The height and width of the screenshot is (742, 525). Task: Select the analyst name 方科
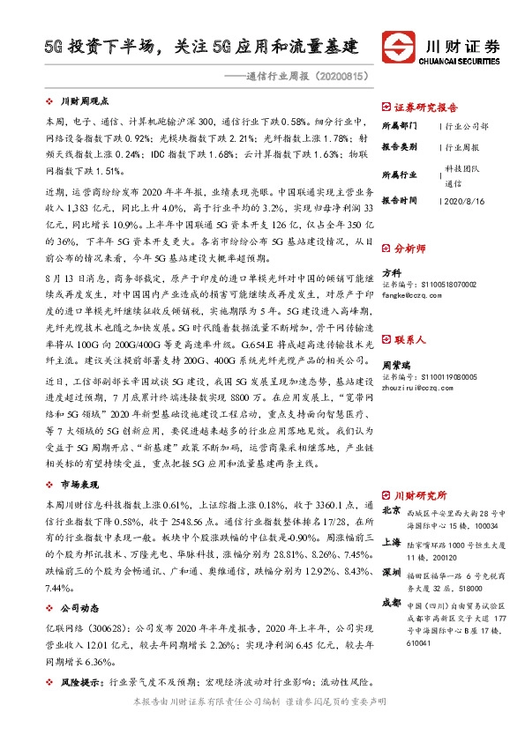point(390,273)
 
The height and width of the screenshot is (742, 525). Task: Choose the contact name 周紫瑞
point(395,364)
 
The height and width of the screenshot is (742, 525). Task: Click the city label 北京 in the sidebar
point(392,510)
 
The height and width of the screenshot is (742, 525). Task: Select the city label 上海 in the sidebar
point(392,544)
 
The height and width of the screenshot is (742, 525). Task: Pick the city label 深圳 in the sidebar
point(392,573)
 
